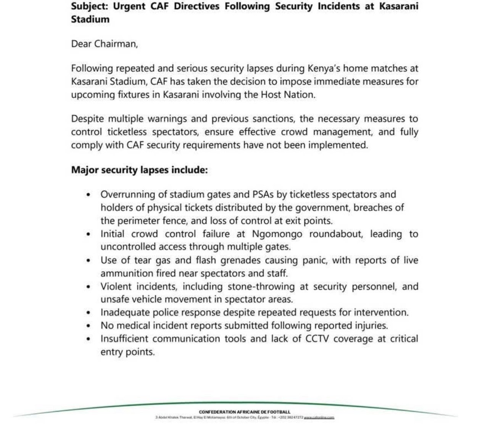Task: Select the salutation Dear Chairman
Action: tap(104, 43)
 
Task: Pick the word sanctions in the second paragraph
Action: tap(274, 119)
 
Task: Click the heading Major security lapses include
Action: tap(139, 170)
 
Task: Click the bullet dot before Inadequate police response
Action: tap(89, 313)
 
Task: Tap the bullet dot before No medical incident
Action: tap(89, 326)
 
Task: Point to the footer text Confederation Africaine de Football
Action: tap(245, 412)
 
